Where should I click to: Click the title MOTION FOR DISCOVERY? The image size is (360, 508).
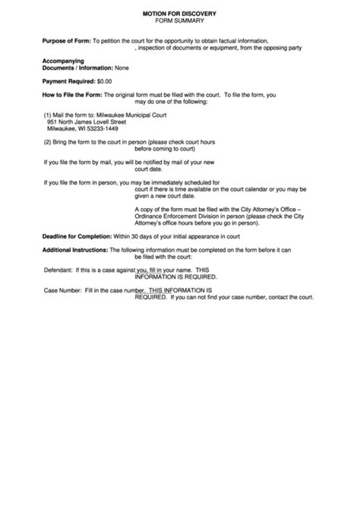(179, 14)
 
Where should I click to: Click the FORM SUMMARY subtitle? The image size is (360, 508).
(179, 22)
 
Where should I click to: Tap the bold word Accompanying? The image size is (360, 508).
(63, 60)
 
